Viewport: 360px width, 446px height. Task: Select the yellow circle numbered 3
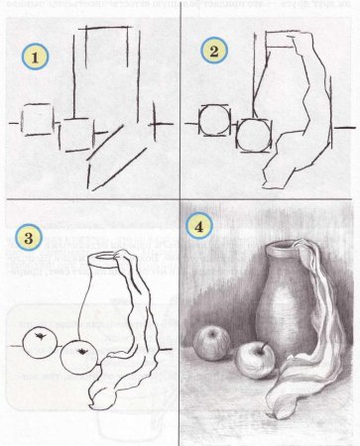tap(34, 238)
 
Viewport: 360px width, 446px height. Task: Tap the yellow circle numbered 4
tap(202, 225)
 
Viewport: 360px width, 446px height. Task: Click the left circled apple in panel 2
tap(215, 123)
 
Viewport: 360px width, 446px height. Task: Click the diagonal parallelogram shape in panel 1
tap(114, 159)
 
